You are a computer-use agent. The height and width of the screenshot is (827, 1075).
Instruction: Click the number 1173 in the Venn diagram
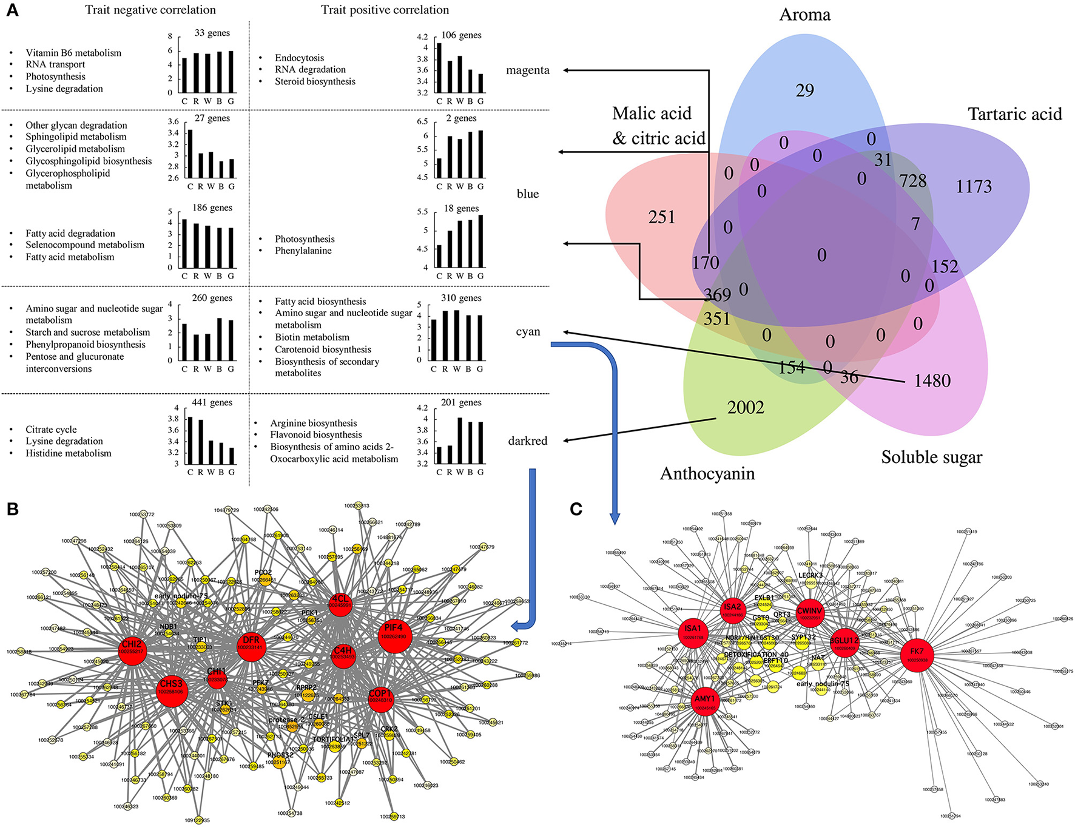974,186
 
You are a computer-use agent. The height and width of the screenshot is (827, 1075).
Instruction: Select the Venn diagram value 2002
746,408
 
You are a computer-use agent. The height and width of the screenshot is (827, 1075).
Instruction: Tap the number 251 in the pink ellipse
661,217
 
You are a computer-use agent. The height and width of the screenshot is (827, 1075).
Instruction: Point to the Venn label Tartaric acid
1014,114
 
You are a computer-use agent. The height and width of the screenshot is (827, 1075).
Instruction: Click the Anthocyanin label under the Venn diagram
707,473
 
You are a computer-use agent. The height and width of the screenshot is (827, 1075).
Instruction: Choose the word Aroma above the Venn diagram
804,15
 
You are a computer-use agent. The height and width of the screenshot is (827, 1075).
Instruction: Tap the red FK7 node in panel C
917,655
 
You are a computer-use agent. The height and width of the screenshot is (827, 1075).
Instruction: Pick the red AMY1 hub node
705,703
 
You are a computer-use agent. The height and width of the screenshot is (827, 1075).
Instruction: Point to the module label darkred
527,441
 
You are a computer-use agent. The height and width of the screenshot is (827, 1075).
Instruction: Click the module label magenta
528,70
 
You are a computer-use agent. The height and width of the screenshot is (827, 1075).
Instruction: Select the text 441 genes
212,402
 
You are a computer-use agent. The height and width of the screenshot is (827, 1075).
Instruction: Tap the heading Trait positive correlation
385,10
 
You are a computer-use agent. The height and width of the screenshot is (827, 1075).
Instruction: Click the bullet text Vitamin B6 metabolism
73,53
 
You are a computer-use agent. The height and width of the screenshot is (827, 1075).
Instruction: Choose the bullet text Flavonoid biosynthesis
316,434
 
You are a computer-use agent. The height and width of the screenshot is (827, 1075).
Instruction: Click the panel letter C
576,508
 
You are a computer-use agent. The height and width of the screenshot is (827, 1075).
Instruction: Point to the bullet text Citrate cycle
51,429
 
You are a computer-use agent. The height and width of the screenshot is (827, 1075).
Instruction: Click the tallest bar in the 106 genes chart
439,68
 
